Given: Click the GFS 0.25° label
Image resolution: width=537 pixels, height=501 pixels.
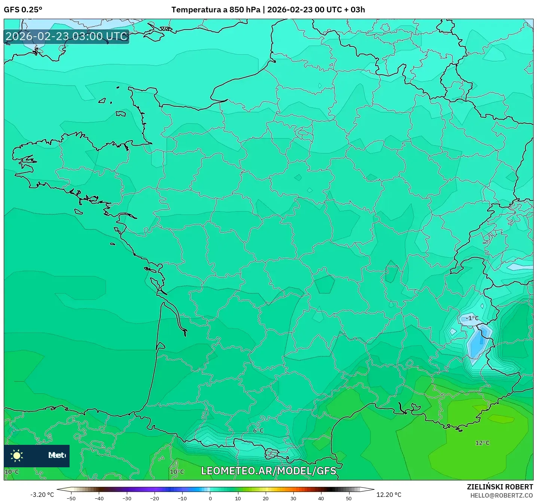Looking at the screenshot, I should point(23,10).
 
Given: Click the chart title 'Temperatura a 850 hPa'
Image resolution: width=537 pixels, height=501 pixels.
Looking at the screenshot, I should point(216,10).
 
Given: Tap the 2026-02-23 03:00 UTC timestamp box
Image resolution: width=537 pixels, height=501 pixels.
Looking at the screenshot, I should point(67,37).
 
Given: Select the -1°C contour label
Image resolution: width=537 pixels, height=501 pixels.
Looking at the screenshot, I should point(472,318).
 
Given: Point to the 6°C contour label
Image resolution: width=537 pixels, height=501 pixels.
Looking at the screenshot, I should point(258,431).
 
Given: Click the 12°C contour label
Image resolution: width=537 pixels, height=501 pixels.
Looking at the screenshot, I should point(482,443).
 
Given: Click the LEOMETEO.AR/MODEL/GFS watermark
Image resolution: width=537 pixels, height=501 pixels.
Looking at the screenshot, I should point(269,471).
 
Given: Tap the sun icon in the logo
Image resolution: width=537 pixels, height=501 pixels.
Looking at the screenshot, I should point(17,455).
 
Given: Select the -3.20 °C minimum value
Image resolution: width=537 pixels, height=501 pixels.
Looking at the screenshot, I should point(42,495).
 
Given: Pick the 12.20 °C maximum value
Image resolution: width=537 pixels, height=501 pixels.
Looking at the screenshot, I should point(388,495).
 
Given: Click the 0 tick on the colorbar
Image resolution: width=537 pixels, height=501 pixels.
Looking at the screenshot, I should point(210,498).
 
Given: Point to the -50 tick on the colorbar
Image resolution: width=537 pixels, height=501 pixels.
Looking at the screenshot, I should point(71,498).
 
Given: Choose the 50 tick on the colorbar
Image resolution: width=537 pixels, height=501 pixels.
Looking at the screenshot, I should point(349,498).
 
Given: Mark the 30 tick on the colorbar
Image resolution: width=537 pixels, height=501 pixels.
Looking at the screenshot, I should point(293,498).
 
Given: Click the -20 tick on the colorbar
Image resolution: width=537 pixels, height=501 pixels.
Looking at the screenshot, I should point(155,498).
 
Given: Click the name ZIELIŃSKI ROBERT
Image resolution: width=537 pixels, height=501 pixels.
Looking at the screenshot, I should point(500,487).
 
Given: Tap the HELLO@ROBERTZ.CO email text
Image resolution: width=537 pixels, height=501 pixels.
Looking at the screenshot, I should point(501,495).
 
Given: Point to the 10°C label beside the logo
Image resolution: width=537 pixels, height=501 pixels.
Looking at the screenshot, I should point(12,472).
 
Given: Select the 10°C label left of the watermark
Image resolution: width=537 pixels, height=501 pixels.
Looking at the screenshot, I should point(177,472).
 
